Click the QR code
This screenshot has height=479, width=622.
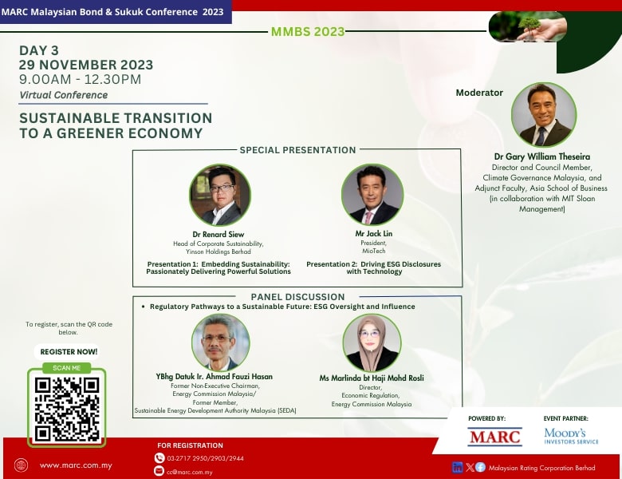point(67,409)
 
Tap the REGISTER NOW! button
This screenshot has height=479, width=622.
point(69,352)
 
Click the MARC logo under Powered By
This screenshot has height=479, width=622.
point(494,437)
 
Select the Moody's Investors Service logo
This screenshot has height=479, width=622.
point(571,436)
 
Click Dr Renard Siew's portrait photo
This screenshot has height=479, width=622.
point(220,195)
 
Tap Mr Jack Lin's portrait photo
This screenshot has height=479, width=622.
point(372,195)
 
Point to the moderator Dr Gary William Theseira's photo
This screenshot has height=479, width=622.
point(544,114)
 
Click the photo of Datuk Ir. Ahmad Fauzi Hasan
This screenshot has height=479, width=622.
point(221,342)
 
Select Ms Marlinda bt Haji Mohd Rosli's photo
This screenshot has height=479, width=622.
point(372,343)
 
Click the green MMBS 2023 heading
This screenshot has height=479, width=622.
point(308,31)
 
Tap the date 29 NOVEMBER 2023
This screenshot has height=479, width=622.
point(86,65)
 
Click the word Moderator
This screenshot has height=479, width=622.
point(479,93)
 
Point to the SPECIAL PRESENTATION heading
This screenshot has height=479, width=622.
point(297,150)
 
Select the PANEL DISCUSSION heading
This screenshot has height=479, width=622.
point(297,297)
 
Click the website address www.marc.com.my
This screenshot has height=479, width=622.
point(76,465)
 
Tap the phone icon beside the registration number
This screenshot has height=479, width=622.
point(159,458)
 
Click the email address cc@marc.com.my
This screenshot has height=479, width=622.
point(190,473)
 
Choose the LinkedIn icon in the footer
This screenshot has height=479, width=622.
point(458,468)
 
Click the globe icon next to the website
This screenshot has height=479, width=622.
point(21,465)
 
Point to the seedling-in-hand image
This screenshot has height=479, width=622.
point(528,26)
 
